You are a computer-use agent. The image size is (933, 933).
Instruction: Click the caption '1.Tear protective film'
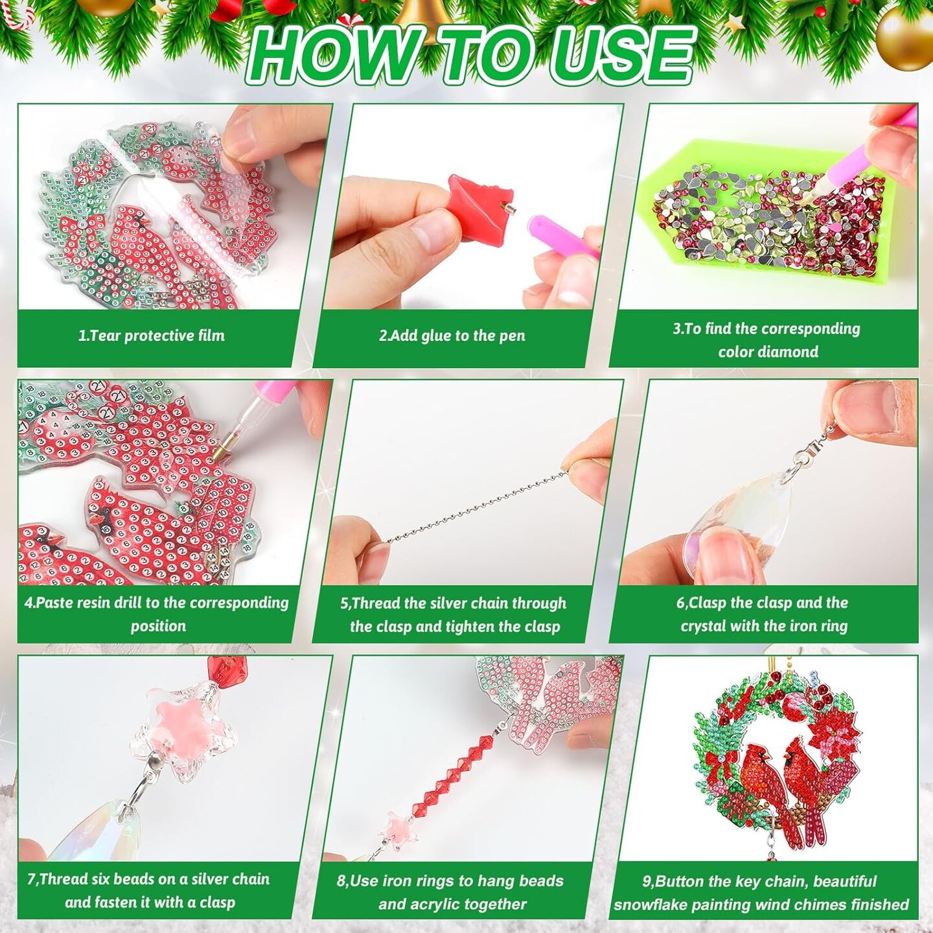click(x=152, y=336)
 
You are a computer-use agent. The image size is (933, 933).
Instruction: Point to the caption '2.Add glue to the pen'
click(x=452, y=336)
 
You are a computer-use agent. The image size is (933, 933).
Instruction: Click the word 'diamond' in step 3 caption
click(x=792, y=352)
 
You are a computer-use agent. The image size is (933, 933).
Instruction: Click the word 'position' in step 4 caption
click(x=158, y=626)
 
